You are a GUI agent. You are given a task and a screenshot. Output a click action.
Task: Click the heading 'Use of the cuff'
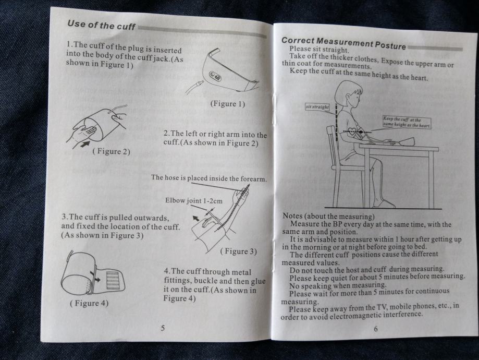[x=101, y=25]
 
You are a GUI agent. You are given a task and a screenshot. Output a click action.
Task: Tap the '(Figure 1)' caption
[x=228, y=104]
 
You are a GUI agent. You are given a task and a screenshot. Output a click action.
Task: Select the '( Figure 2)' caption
[x=112, y=151]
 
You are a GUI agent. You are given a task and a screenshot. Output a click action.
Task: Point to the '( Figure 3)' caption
[x=238, y=251]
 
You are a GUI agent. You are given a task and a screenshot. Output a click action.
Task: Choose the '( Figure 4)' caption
[x=89, y=303]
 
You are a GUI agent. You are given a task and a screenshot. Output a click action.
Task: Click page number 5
[x=163, y=328]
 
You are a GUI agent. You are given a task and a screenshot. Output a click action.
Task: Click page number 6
[x=376, y=329]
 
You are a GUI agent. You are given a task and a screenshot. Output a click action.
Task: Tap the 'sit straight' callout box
[x=317, y=107]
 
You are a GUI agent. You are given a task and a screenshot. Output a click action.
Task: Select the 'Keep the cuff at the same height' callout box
[x=407, y=122]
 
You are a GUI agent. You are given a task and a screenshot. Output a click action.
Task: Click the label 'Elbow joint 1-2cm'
[x=194, y=201]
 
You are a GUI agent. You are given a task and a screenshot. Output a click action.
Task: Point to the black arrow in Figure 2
[x=86, y=143]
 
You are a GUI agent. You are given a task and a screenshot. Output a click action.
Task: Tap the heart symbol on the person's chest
[x=352, y=132]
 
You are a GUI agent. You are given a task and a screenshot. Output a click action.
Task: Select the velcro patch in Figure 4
[x=113, y=280]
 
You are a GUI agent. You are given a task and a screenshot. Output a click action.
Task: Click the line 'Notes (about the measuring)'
[x=328, y=216]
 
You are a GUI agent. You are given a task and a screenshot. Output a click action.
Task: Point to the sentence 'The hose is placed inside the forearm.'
[x=209, y=178]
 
